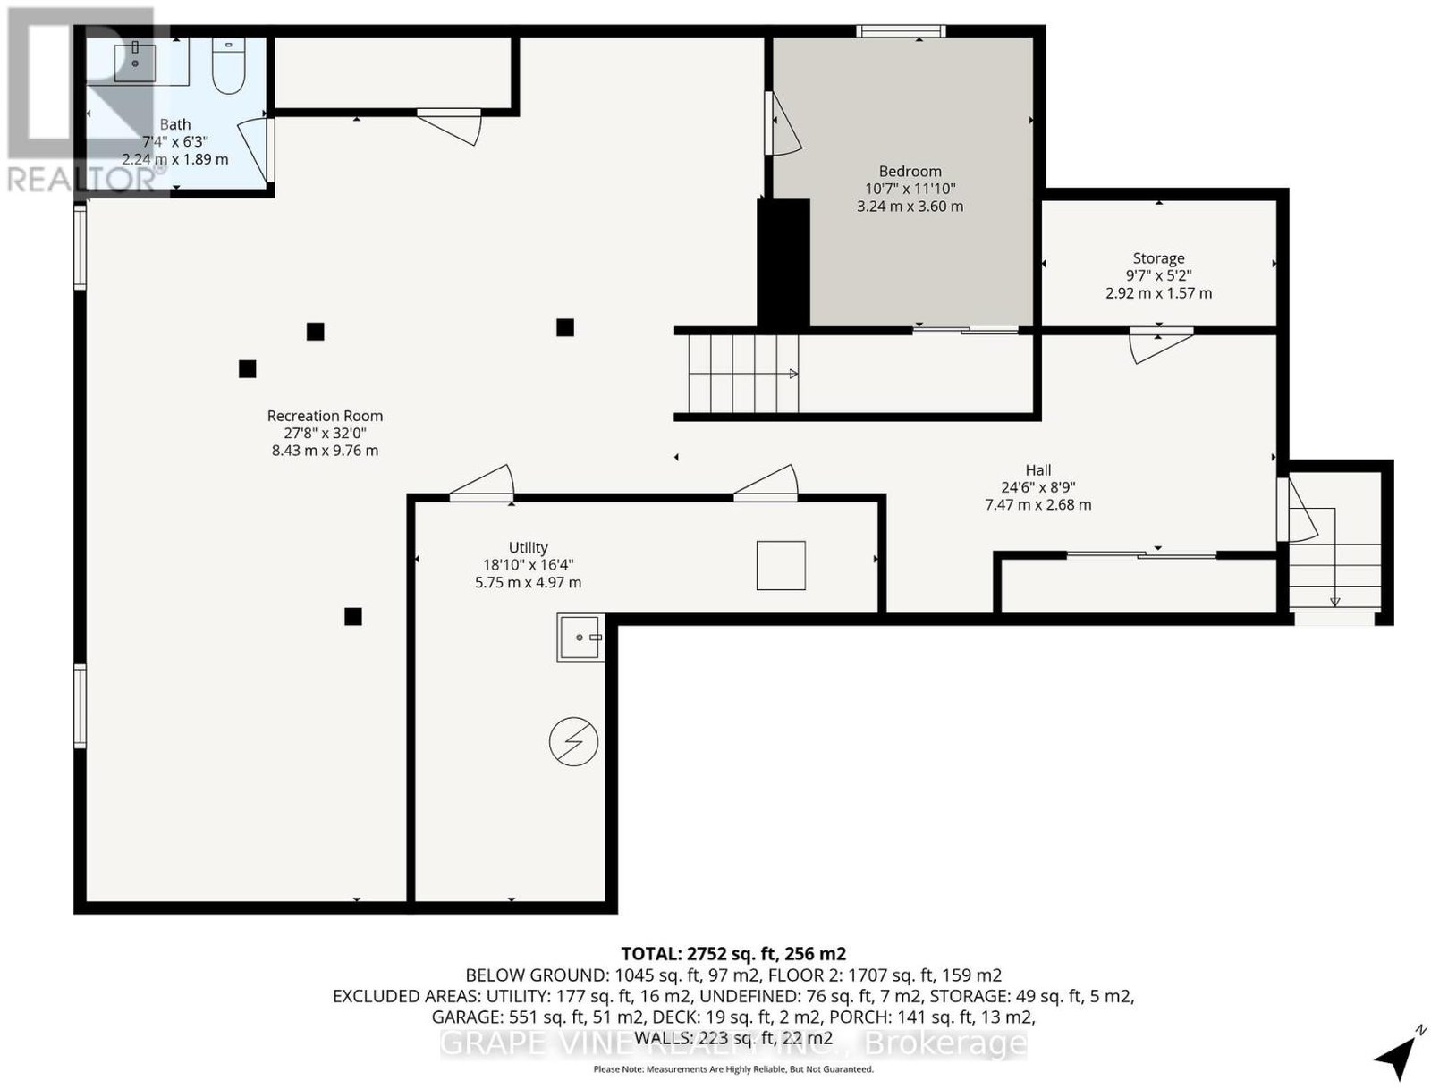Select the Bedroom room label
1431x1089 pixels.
(910, 172)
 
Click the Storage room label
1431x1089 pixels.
(1158, 258)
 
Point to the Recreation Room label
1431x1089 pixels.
(325, 416)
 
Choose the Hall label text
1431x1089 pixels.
(1037, 470)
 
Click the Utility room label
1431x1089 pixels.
(528, 547)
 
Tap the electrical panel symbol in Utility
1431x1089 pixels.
(573, 741)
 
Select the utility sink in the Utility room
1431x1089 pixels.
(580, 637)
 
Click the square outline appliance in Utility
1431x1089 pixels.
(781, 565)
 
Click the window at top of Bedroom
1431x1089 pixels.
(901, 30)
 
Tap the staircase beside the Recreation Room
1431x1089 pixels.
(743, 374)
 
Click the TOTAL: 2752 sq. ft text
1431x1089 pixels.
(700, 954)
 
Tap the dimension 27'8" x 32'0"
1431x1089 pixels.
(325, 433)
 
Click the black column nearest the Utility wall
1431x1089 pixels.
(352, 616)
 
